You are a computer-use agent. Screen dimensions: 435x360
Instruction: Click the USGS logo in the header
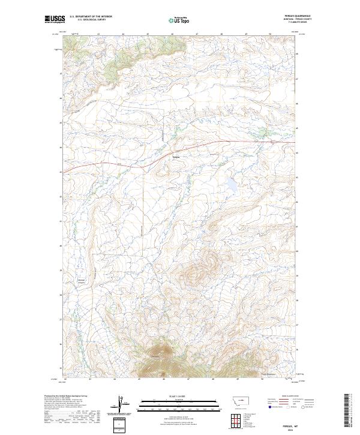tap(54, 20)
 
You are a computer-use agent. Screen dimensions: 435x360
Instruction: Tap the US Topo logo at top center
tap(180, 20)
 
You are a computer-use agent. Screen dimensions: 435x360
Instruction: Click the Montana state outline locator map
tap(235, 400)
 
